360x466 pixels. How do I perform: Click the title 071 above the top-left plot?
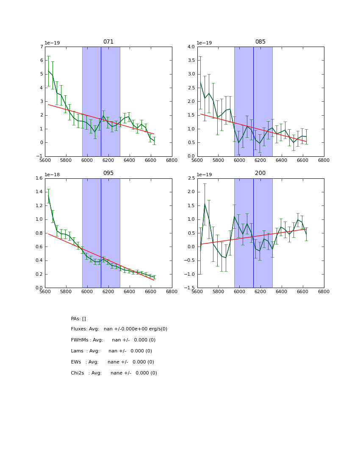(x=108, y=42)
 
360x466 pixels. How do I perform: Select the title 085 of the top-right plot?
(x=260, y=42)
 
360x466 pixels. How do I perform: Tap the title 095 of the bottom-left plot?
(x=108, y=173)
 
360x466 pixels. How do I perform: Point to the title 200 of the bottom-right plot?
(x=260, y=173)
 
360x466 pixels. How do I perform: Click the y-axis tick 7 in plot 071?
(x=41, y=47)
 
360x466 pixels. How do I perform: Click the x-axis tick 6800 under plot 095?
(x=172, y=293)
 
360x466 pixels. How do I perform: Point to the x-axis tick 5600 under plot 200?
(x=197, y=293)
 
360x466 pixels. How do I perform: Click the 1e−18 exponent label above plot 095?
(x=52, y=175)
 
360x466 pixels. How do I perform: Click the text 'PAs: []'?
(x=78, y=319)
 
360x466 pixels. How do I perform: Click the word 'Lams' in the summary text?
(x=77, y=351)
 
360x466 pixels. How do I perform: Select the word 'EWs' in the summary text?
(x=76, y=362)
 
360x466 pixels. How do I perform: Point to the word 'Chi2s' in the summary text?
(x=78, y=373)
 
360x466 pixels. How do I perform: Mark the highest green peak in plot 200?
(x=205, y=204)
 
